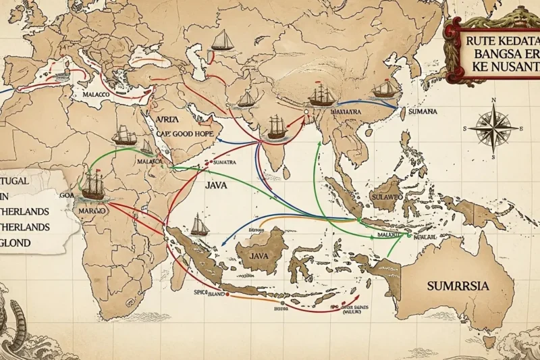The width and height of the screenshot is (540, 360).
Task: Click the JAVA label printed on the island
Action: point(259,256)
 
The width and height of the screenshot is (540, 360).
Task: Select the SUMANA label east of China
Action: point(418,111)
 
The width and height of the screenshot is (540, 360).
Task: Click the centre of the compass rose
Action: point(493,128)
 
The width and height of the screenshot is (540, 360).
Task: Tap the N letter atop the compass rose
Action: point(493,100)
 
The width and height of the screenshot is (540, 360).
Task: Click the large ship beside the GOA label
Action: point(93,186)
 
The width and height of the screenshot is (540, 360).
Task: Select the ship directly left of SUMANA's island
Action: point(385,89)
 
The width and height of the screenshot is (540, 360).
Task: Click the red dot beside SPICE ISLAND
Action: point(227,294)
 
